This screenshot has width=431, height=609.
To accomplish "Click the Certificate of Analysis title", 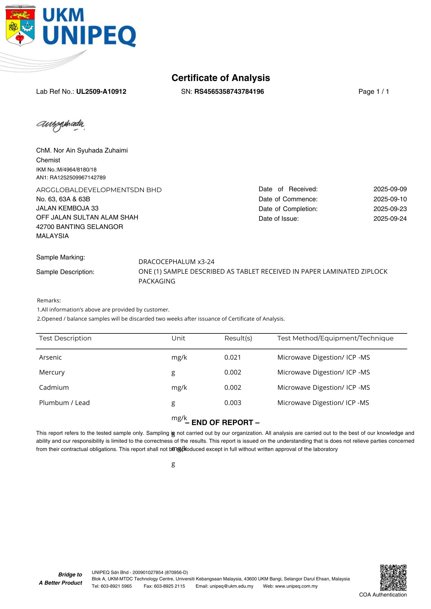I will pyautogui.click(x=221, y=78).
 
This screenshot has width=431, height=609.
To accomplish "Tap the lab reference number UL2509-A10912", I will pyautogui.click(x=101, y=92).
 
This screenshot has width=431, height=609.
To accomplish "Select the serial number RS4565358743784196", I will pyautogui.click(x=229, y=92).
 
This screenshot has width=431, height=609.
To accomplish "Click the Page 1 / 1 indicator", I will pyautogui.click(x=373, y=92).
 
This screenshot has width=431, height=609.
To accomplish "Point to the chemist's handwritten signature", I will pyautogui.click(x=60, y=125).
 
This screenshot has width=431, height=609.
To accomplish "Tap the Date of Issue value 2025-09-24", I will pyautogui.click(x=390, y=219).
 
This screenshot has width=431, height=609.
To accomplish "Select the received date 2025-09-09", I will pyautogui.click(x=390, y=189).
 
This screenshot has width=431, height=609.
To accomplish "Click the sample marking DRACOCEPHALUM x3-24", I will pyautogui.click(x=176, y=262).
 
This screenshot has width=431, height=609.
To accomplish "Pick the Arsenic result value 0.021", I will pyautogui.click(x=233, y=357).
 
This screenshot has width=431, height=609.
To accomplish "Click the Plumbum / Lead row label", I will pyautogui.click(x=64, y=403).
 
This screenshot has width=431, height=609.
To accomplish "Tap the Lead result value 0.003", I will pyautogui.click(x=233, y=403).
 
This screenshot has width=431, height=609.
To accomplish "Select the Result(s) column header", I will pyautogui.click(x=238, y=338).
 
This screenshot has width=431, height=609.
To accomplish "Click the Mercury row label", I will pyautogui.click(x=52, y=372).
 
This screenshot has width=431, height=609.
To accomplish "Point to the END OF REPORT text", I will pyautogui.click(x=222, y=423).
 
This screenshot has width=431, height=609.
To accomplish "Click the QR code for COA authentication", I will pyautogui.click(x=393, y=578).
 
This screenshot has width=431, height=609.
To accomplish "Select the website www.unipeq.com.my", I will pyautogui.click(x=296, y=586).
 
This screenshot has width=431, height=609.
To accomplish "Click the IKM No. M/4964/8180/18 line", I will pyautogui.click(x=66, y=170).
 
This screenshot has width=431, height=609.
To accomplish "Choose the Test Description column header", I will pyautogui.click(x=65, y=338).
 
